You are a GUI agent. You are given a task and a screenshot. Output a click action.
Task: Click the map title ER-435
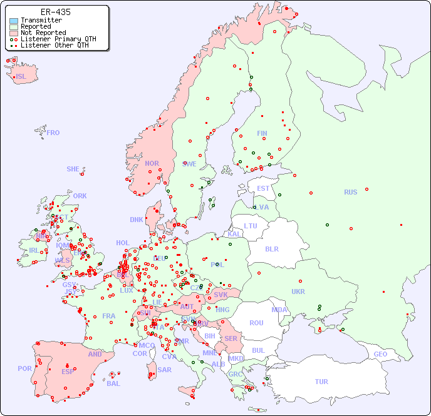point(55,12)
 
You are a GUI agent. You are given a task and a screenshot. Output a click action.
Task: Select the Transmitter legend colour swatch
point(14,21)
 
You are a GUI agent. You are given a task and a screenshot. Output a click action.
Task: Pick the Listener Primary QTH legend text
point(58,39)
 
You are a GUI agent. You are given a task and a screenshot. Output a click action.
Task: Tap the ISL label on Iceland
point(21,77)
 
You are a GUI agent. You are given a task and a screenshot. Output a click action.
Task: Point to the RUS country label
point(350,192)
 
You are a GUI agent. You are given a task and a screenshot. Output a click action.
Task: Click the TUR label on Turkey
point(321,382)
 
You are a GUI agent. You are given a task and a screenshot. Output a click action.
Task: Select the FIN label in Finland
point(262,133)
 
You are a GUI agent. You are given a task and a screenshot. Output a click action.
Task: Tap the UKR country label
point(298,292)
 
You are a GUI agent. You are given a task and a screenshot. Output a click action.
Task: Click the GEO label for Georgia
point(380,354)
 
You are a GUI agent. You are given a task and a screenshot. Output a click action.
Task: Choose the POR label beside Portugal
point(24,368)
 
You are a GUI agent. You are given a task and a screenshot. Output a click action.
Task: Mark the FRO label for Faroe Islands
point(53,133)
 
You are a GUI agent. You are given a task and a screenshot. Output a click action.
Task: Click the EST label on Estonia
point(263,188)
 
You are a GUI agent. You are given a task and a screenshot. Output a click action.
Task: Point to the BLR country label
point(271,248)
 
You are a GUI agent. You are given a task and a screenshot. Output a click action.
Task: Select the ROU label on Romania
point(256,323)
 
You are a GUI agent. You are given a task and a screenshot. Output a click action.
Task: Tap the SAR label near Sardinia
point(164,370)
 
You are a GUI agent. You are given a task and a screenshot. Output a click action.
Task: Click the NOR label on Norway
point(152,163)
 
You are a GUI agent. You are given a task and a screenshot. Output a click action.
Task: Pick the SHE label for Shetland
point(73,169)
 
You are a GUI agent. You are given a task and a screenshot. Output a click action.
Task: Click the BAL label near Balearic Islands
point(113,383)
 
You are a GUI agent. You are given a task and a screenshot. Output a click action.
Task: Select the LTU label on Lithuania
point(251,226)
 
